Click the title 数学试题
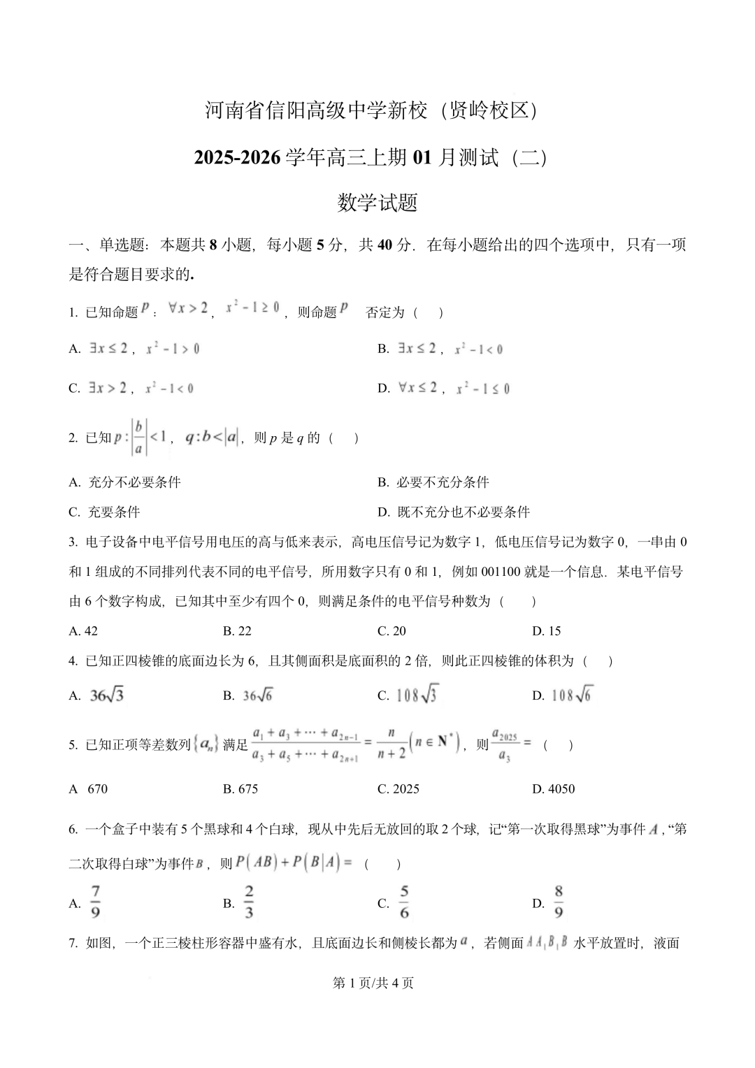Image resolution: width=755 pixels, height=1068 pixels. (377, 203)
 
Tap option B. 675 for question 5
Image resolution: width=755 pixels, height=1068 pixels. (240, 789)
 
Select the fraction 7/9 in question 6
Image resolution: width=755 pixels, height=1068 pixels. (96, 902)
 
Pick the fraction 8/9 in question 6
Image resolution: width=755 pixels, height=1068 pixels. (559, 902)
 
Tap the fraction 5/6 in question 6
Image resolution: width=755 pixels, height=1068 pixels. (404, 902)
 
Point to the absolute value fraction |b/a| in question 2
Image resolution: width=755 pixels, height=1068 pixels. (138, 438)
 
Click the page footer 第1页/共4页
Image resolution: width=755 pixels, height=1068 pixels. (373, 983)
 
